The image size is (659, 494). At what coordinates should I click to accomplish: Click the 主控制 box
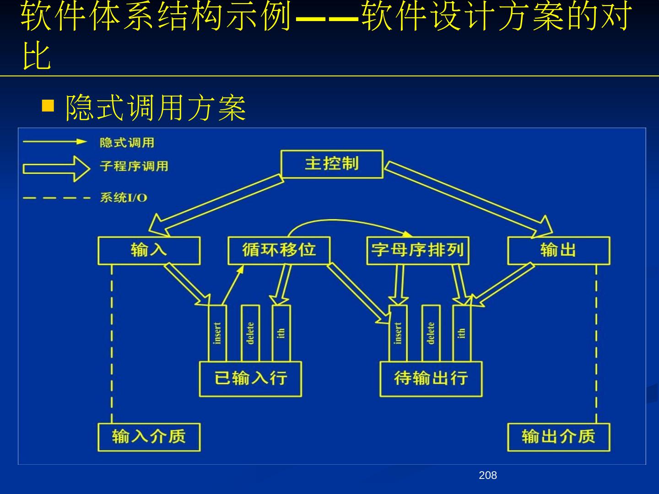click(x=331, y=164)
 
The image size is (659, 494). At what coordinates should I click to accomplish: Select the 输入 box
click(x=149, y=250)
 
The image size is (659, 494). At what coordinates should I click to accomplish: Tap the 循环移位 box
click(x=279, y=250)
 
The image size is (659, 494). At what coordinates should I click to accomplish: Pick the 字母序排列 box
click(x=417, y=250)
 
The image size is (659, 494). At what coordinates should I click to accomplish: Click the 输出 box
click(x=558, y=250)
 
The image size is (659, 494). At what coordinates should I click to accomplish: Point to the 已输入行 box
click(x=250, y=379)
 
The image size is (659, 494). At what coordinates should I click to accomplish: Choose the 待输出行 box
click(x=431, y=379)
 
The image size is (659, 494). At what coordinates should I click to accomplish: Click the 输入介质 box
click(x=149, y=437)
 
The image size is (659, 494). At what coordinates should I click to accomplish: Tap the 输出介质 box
click(x=558, y=437)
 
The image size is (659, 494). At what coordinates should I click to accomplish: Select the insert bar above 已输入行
click(x=217, y=333)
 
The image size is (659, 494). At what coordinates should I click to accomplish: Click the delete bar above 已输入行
click(x=250, y=333)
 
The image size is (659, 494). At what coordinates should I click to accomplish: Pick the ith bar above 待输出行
click(x=461, y=333)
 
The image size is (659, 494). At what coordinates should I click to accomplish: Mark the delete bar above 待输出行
click(x=431, y=333)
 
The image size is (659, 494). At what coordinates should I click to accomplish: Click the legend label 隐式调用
click(x=127, y=143)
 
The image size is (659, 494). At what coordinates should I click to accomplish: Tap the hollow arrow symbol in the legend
click(x=56, y=168)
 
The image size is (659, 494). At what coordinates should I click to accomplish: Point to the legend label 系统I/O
click(x=124, y=198)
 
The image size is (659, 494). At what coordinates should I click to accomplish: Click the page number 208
click(x=488, y=476)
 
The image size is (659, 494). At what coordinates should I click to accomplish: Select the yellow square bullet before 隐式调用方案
click(x=48, y=106)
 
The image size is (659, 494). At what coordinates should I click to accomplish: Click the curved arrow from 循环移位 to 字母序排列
click(x=348, y=221)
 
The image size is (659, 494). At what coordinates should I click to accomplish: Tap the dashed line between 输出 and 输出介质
click(x=596, y=343)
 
